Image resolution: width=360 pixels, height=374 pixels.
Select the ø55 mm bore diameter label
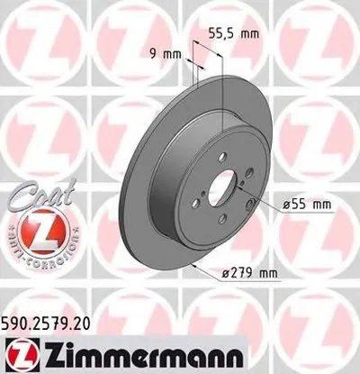[x=293, y=206]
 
